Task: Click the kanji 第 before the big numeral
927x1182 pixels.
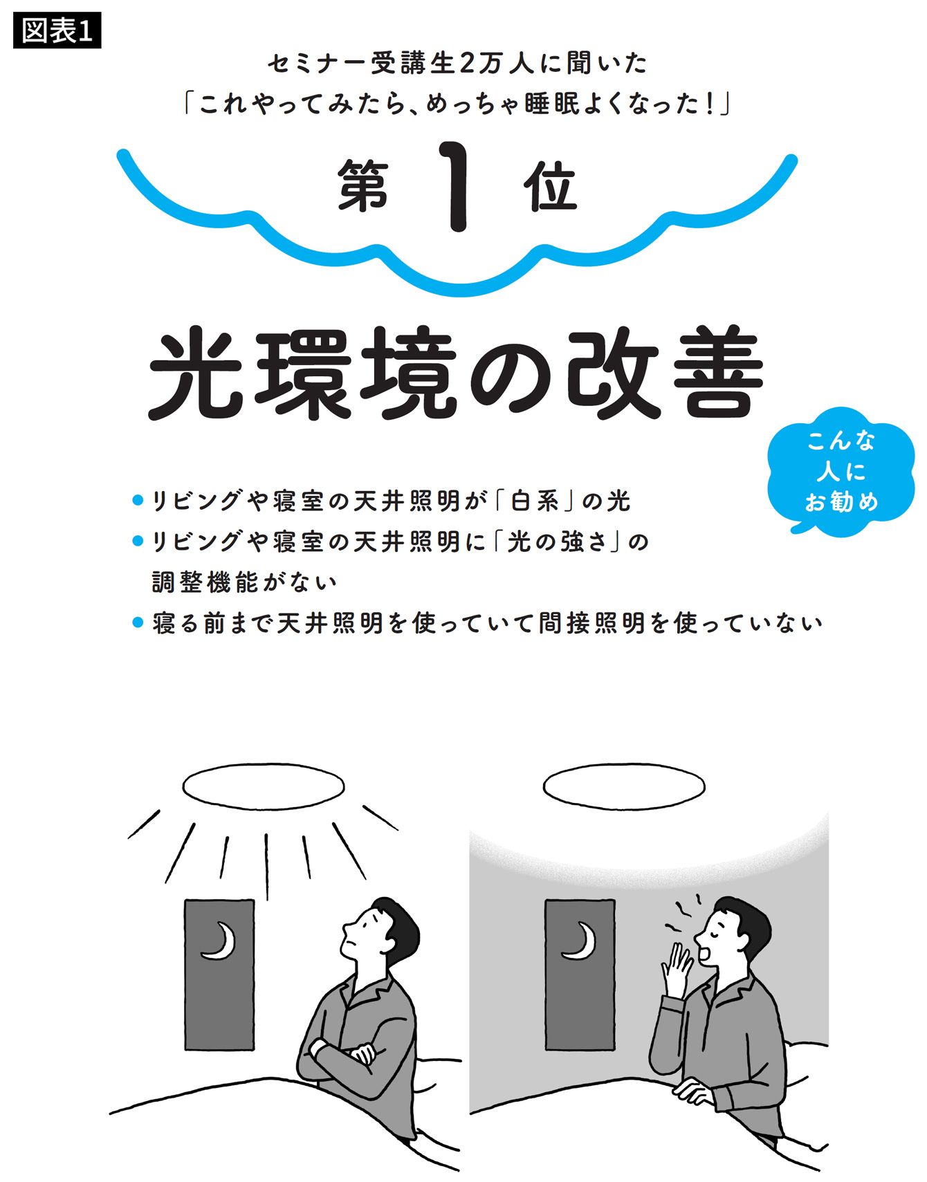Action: click(364, 185)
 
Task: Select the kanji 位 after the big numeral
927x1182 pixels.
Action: click(551, 186)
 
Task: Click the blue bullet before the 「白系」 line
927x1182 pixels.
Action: click(137, 500)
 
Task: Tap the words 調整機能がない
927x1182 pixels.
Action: click(245, 582)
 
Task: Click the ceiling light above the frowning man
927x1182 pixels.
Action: click(264, 786)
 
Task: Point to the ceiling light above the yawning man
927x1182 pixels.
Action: click(624, 786)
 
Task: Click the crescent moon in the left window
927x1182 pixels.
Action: click(220, 941)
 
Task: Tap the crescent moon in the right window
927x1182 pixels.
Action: click(580, 941)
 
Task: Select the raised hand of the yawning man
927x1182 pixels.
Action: click(676, 968)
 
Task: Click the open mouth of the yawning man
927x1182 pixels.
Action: click(706, 952)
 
